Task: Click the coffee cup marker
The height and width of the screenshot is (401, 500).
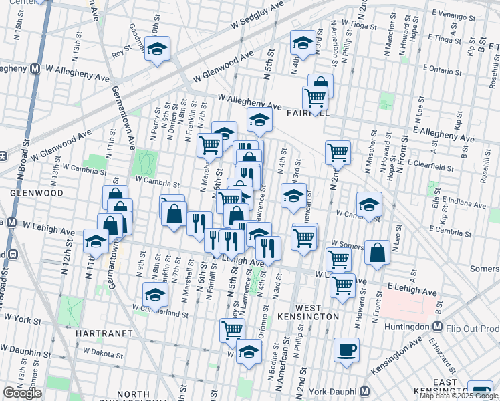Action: pos(346,350)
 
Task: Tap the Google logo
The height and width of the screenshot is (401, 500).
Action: pos(22,393)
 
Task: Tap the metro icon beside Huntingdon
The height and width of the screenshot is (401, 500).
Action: pos(437,327)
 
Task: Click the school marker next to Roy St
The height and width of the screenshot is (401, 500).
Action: pos(157,49)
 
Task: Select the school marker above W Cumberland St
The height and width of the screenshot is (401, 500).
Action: pos(155,294)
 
